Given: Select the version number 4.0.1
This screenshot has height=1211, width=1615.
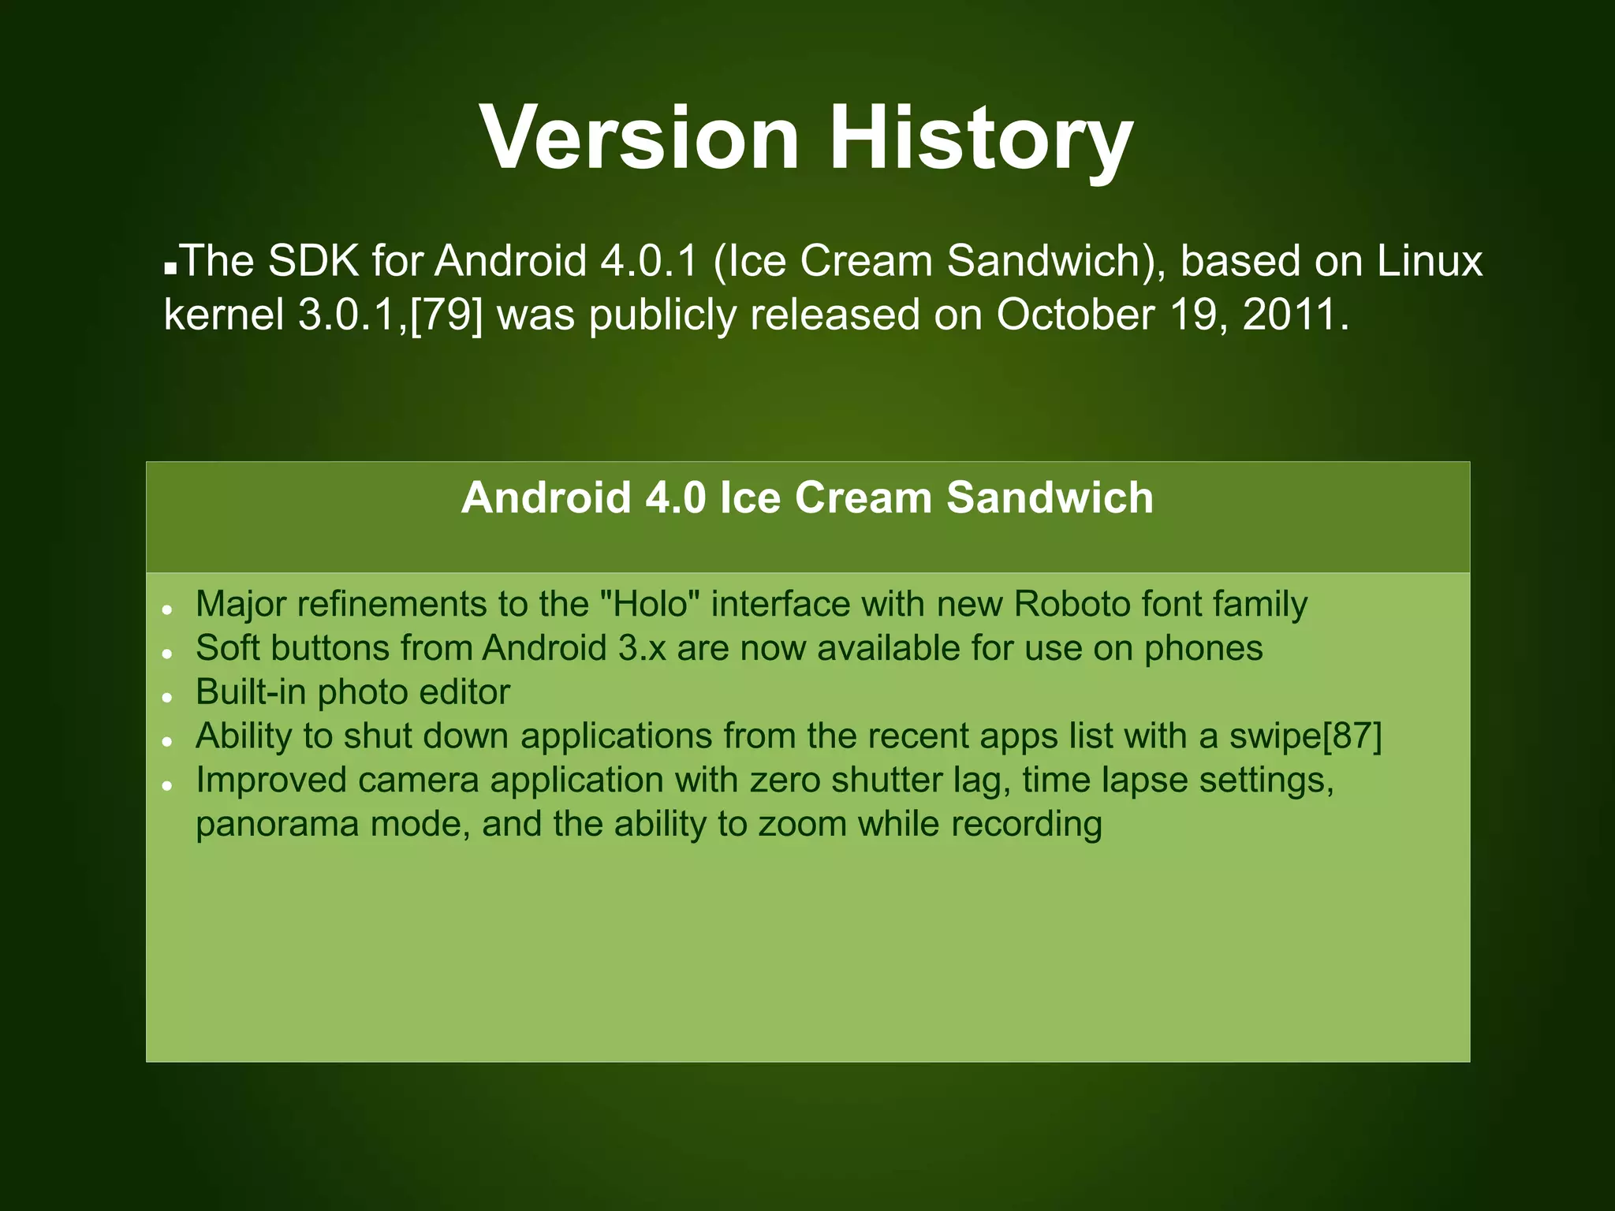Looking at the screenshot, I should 649,260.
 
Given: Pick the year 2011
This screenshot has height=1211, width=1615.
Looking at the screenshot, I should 1293,314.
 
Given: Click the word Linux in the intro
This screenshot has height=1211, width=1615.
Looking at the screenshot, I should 1429,260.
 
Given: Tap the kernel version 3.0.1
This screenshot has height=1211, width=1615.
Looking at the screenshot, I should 352,314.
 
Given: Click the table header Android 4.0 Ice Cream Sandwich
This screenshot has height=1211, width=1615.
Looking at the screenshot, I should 807,498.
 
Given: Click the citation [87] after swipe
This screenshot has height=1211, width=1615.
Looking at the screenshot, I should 1352,736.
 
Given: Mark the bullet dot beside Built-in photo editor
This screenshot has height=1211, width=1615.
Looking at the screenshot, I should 167,697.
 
